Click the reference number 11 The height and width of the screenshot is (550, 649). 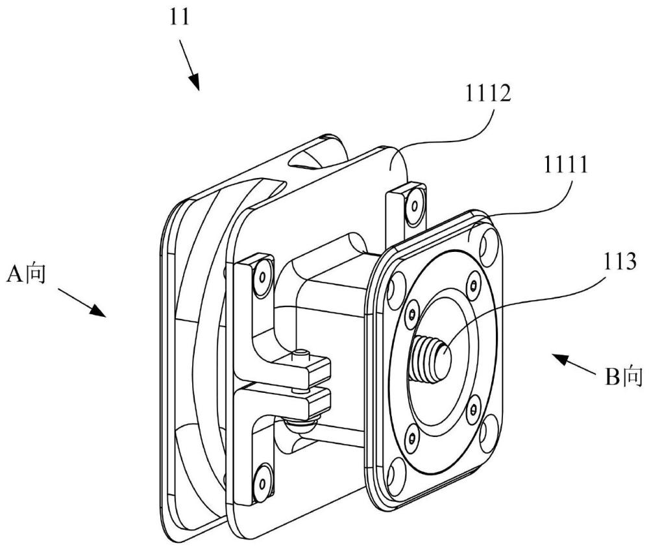[x=180, y=18]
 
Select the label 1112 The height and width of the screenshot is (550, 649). [x=489, y=94]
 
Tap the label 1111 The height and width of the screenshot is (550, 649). [x=566, y=165]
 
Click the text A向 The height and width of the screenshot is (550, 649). [x=26, y=274]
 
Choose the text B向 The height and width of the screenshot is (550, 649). [x=624, y=377]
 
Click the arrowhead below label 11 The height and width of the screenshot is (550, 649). [x=195, y=82]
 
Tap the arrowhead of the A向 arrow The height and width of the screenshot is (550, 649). [x=98, y=310]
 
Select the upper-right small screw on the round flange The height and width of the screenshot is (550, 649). [x=473, y=284]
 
